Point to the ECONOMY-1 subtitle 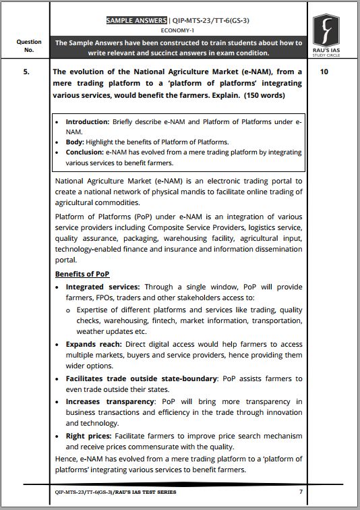179,30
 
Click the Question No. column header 28,45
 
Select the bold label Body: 76,142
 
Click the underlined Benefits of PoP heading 82,274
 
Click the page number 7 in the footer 301,492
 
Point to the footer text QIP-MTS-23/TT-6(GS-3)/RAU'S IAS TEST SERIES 115,492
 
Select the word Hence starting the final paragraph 67,459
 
